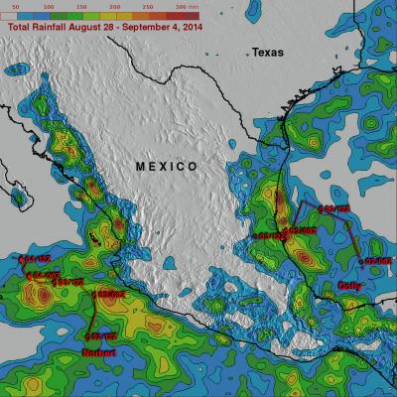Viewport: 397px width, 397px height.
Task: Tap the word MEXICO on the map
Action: (166, 165)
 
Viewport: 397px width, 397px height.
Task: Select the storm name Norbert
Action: (98, 352)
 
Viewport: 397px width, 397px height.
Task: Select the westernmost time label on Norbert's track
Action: (31, 260)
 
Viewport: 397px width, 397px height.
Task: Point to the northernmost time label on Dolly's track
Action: (337, 209)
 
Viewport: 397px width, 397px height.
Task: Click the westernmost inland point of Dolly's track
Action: (253, 236)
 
